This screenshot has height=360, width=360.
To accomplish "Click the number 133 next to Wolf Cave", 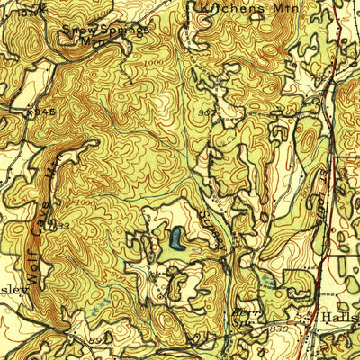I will click(x=60, y=225).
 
